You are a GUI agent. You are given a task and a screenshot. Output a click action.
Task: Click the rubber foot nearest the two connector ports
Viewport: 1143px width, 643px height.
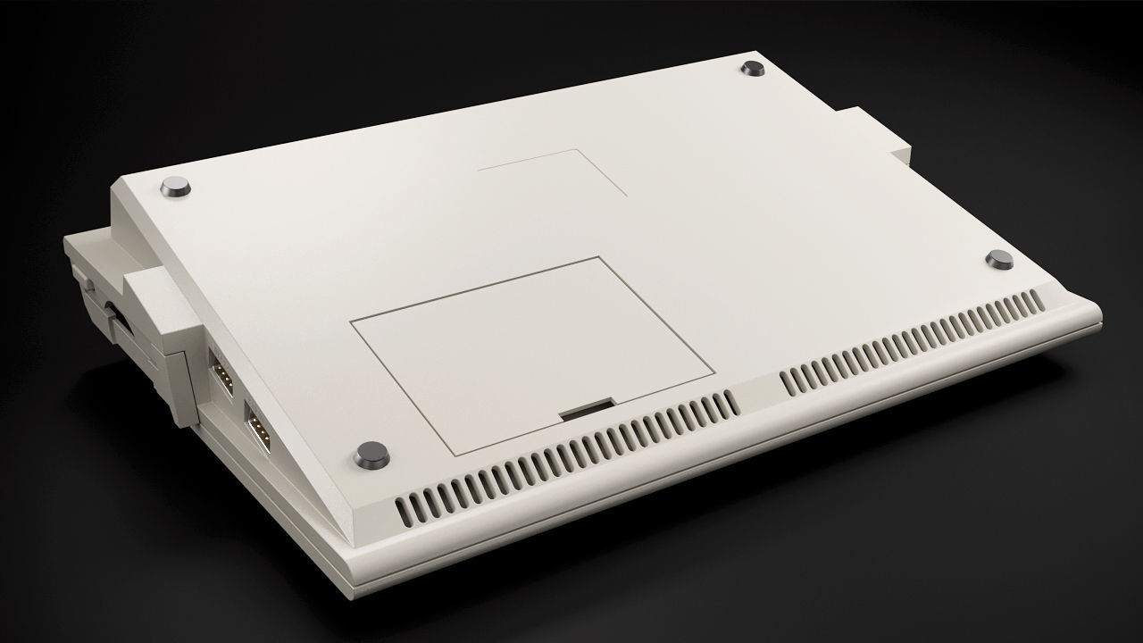point(371,455)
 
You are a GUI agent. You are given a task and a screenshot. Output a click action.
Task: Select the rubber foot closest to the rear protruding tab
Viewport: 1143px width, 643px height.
point(752,69)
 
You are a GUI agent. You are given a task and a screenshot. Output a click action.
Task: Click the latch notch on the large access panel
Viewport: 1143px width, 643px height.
point(586,410)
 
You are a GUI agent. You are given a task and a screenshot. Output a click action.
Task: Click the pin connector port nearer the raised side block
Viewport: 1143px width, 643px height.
point(220,370)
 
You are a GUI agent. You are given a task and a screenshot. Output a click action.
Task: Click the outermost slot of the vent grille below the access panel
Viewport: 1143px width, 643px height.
point(403,510)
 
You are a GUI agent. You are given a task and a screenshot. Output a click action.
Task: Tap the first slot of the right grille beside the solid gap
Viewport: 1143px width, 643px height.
point(788,382)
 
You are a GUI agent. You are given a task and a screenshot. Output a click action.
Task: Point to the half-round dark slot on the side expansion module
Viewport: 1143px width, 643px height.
point(116,313)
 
